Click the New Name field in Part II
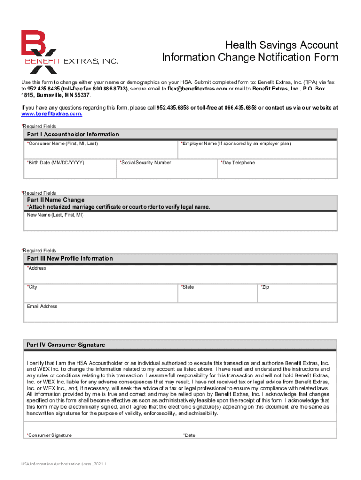(180, 223)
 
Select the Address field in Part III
(180, 276)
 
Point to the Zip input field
(297, 294)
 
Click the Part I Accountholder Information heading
(73, 135)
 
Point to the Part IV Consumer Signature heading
(66, 345)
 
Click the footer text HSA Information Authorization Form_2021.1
(64, 465)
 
